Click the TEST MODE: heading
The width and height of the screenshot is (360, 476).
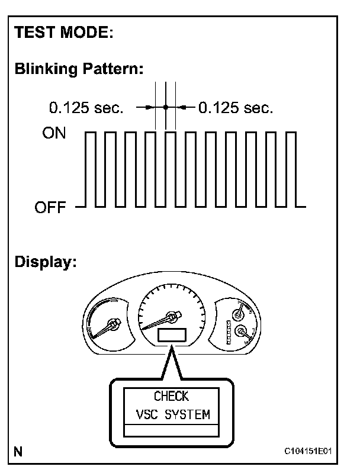point(65,33)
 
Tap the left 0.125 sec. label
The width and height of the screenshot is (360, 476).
point(86,108)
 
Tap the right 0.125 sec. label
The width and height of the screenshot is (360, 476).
point(235,108)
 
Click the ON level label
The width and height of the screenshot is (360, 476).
point(54,134)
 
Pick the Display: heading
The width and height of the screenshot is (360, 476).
point(46,262)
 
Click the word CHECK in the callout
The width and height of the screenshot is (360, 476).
point(171,397)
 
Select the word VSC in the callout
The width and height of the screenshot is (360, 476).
point(145,414)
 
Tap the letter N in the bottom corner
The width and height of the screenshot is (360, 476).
point(18,453)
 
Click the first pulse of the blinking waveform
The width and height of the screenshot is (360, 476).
point(90,169)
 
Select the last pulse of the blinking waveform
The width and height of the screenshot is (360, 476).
point(290,169)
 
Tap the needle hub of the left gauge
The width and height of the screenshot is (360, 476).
point(113,323)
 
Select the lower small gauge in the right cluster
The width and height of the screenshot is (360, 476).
point(242,331)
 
